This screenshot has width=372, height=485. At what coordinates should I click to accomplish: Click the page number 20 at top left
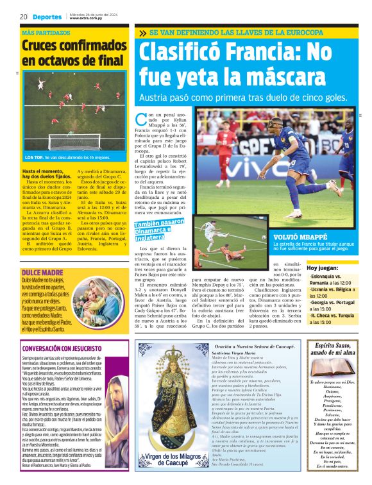coord(23,16)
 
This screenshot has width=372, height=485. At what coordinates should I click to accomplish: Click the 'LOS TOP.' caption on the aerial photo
coord(35,157)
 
